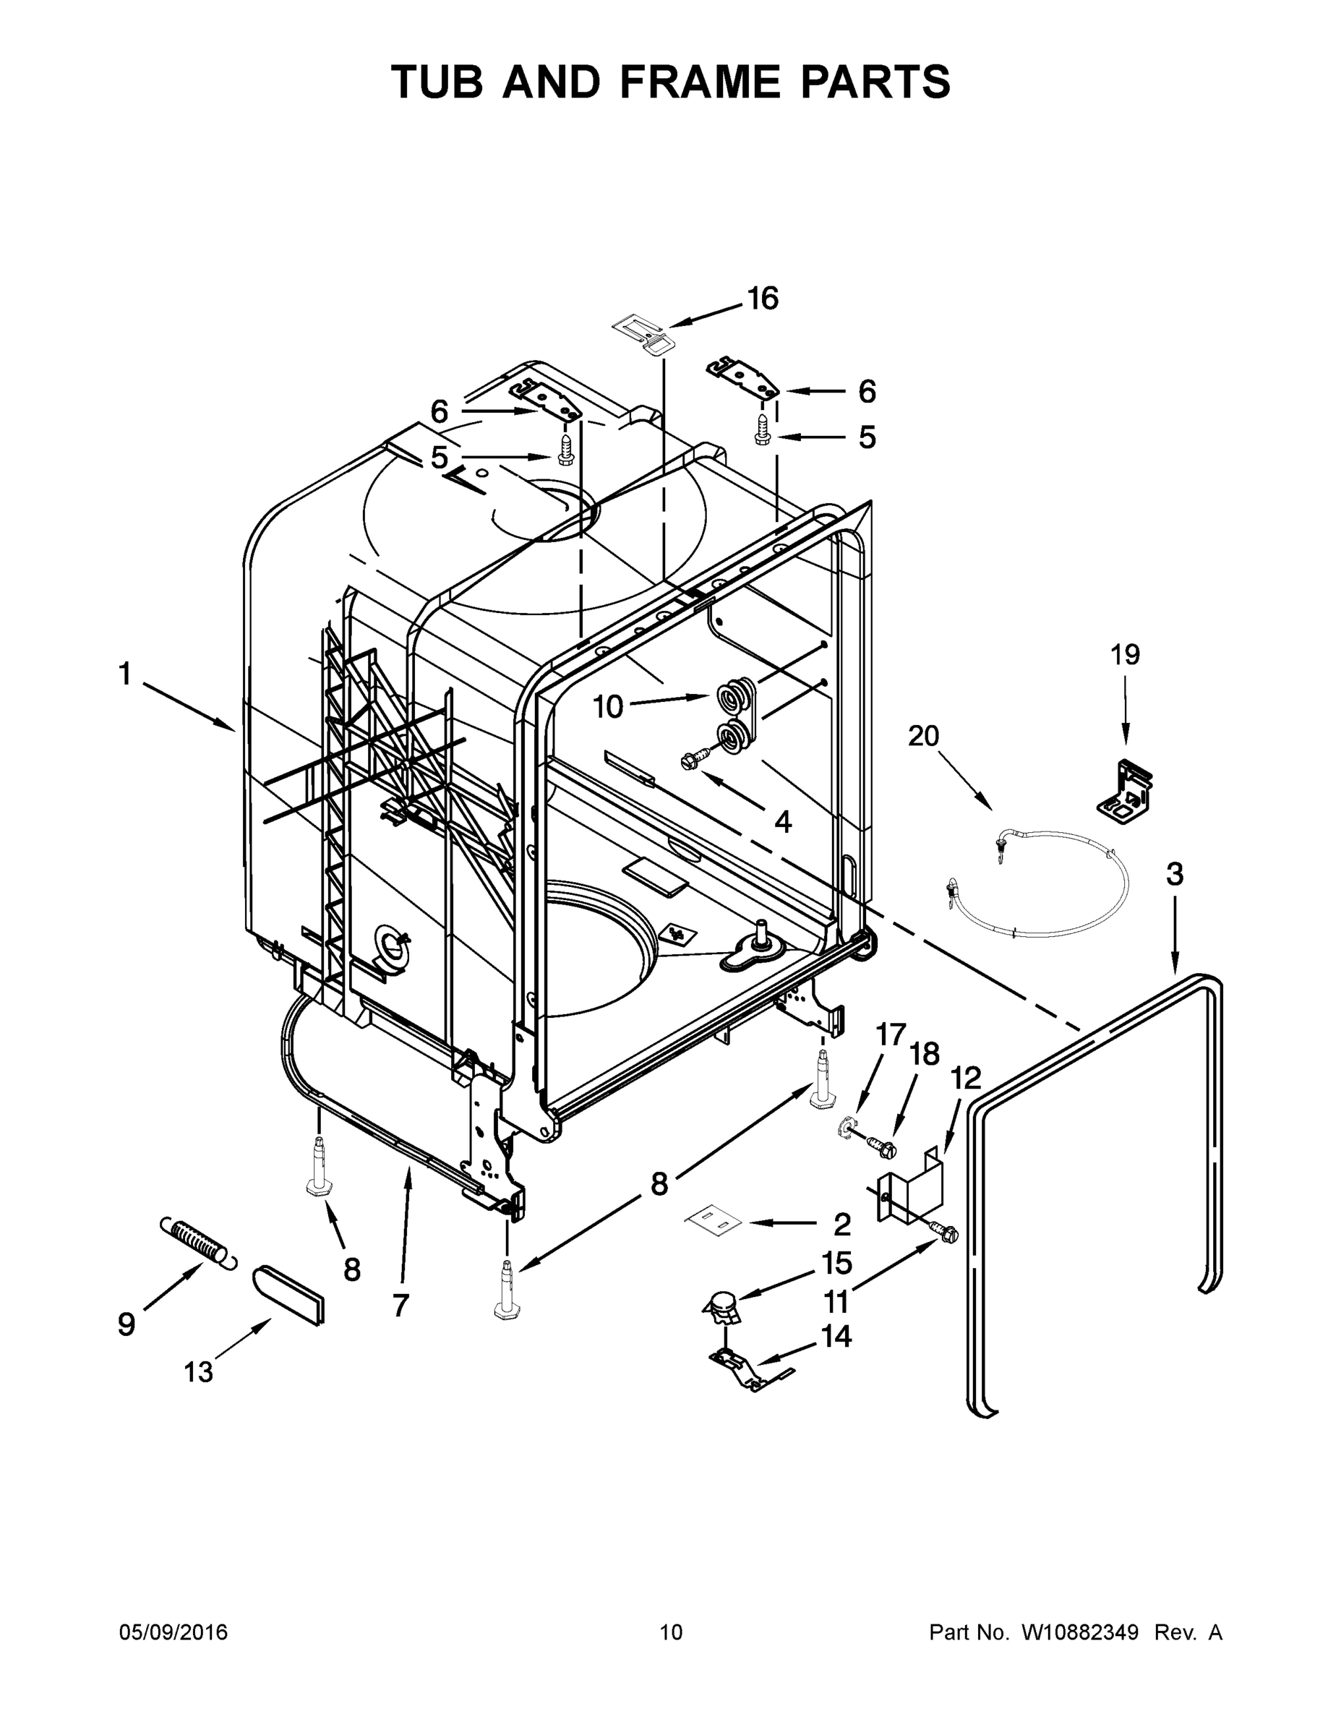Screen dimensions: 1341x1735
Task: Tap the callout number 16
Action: [x=762, y=299]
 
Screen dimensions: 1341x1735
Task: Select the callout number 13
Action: [x=199, y=1371]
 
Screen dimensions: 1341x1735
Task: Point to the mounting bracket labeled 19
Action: [x=1126, y=787]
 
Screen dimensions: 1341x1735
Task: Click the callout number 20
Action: [x=923, y=737]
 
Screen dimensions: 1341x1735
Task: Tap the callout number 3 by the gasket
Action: [x=1175, y=875]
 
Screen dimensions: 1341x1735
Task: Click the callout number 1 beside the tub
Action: [x=125, y=674]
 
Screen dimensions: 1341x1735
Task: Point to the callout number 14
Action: [x=836, y=1336]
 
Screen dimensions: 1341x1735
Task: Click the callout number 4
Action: [x=782, y=822]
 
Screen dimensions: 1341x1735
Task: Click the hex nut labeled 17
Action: [x=849, y=1127]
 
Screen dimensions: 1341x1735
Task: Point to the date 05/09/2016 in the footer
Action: [x=173, y=1632]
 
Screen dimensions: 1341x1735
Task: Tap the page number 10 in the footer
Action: [x=672, y=1632]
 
